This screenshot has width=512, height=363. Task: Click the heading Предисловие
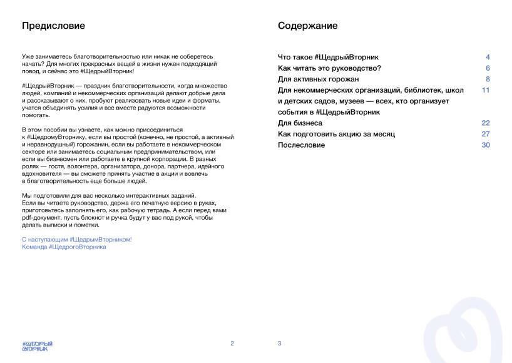click(53, 26)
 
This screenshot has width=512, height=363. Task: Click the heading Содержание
click(308, 26)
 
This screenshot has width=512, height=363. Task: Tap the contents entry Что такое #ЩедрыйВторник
click(328, 57)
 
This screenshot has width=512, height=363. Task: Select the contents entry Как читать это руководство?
click(329, 68)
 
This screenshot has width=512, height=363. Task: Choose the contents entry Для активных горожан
click(318, 79)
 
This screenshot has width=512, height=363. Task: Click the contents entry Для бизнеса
click(300, 123)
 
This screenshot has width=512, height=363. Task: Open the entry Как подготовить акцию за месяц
click(336, 134)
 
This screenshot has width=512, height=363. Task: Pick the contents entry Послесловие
click(301, 145)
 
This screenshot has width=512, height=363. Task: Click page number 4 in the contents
click(488, 57)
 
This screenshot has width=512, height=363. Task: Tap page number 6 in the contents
click(488, 68)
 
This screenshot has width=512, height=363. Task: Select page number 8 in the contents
click(488, 79)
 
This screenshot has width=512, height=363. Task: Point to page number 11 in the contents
click(486, 90)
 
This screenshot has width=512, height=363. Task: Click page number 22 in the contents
click(486, 123)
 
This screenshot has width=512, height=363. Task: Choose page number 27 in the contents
click(486, 134)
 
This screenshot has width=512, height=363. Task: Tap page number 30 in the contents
click(486, 145)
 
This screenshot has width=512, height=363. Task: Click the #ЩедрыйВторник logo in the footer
click(37, 345)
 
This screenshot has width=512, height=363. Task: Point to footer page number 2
click(232, 343)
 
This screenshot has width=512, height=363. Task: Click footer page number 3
click(279, 343)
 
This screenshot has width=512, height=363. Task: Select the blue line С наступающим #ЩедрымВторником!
click(77, 240)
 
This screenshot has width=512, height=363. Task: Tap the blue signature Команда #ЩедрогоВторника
click(64, 247)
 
